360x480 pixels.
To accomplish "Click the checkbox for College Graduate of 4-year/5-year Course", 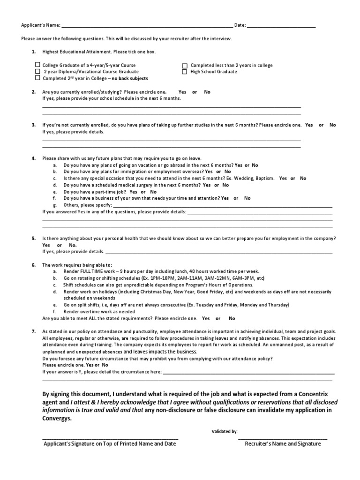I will (x=37, y=65).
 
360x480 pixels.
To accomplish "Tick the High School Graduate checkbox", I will (x=185, y=72).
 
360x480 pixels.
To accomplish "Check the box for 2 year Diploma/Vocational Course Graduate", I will (x=37, y=72).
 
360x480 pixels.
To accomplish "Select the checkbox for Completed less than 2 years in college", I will (x=185, y=66).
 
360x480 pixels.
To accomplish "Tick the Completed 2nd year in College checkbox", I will (x=37, y=78).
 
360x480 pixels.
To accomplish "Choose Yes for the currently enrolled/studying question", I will (x=182, y=92).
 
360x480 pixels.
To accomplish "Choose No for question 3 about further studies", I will (x=333, y=125).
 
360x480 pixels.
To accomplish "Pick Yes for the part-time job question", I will (x=134, y=192).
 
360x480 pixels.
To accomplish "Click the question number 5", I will (x=34, y=239).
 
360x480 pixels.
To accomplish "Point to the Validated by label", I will (x=225, y=431).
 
